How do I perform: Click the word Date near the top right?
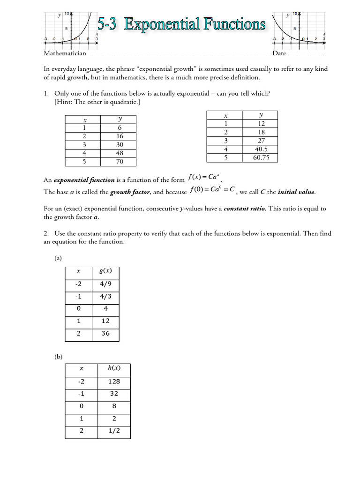coord(279,53)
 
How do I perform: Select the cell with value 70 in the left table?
coord(120,162)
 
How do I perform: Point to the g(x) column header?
coord(106,271)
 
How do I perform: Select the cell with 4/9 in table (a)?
coord(106,284)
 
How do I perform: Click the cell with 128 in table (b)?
coord(114,381)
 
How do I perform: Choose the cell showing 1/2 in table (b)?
coord(114,430)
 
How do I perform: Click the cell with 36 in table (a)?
coord(106,333)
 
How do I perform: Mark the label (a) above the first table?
coord(58,258)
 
